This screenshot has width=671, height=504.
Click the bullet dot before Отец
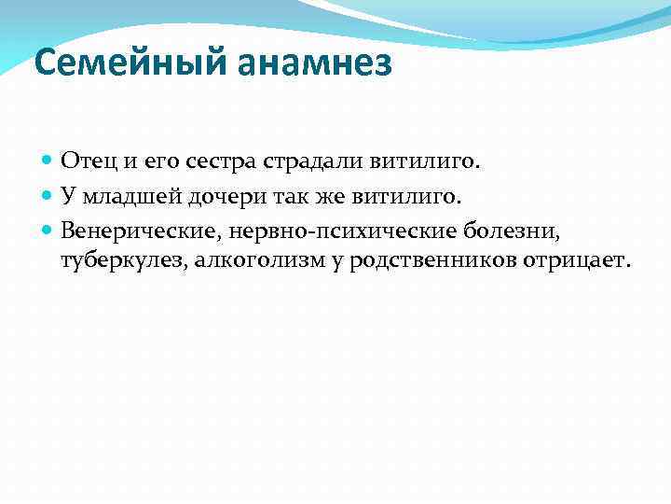click(48, 161)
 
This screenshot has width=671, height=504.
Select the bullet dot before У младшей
click(48, 195)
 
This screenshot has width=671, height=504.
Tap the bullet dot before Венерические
click(48, 229)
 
